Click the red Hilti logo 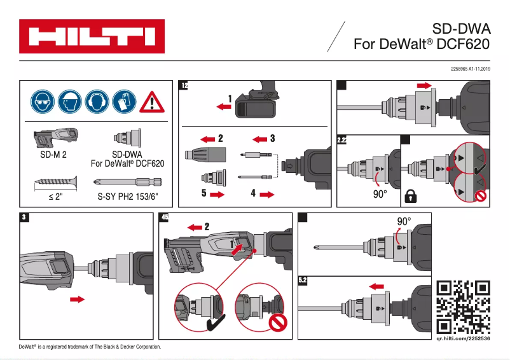pyautogui.click(x=92, y=36)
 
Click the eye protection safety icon pyautogui.click(x=42, y=101)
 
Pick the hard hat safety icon pyautogui.click(x=69, y=101)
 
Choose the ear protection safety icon pyautogui.click(x=96, y=101)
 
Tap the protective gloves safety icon pyautogui.click(x=123, y=101)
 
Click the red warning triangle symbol pyautogui.click(x=151, y=102)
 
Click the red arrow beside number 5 pyautogui.click(x=217, y=195)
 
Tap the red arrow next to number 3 pyautogui.click(x=258, y=138)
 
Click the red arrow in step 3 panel pyautogui.click(x=78, y=298)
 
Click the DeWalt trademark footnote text pyautogui.click(x=90, y=347)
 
